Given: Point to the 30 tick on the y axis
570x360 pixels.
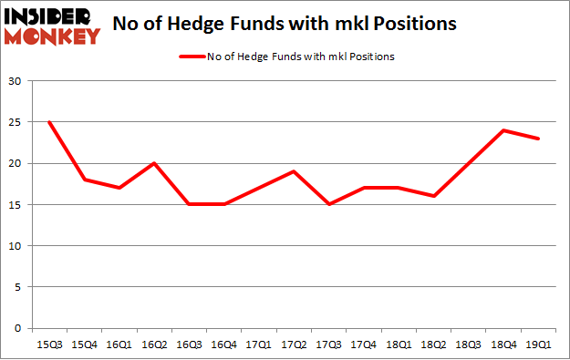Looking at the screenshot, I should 16,82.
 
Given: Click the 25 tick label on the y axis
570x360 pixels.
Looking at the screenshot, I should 16,123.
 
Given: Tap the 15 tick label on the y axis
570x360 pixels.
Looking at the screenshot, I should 16,205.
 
